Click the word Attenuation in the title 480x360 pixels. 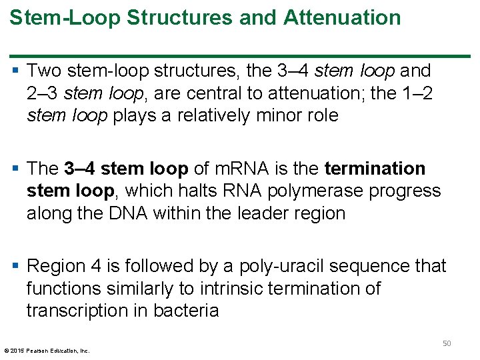tap(343, 18)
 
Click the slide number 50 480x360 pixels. tap(447, 343)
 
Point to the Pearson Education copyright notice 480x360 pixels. tap(47, 350)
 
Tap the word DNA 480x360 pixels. tap(126, 213)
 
